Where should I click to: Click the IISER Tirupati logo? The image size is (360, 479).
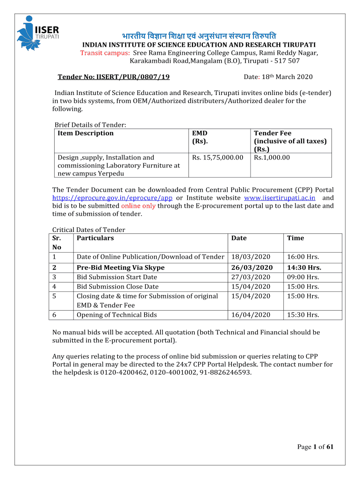38,32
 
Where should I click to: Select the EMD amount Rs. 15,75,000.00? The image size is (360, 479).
217,158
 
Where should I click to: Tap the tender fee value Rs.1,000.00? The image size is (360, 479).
272,158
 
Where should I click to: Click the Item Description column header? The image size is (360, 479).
86,133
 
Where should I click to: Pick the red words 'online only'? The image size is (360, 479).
138,206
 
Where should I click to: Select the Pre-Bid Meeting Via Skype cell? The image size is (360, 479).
121,268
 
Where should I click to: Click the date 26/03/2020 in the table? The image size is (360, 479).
252,268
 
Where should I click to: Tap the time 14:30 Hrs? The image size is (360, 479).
304,268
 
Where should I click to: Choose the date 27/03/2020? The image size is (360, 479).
251,277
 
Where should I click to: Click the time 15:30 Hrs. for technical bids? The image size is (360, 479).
303,315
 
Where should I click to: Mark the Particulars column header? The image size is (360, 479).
95,238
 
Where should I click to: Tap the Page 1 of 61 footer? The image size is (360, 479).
315,447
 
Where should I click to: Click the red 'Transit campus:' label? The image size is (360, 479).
105,53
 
